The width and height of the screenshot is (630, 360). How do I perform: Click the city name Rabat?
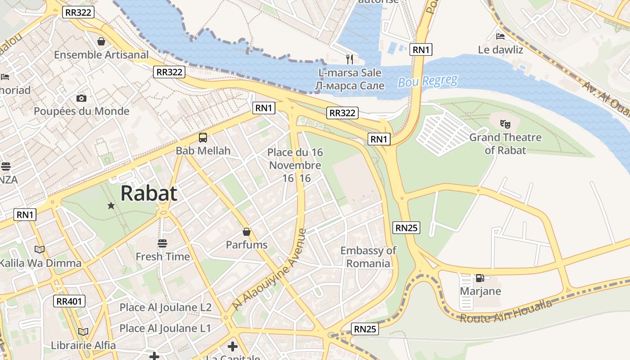point(148,193)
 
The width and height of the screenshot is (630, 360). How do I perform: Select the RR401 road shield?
point(69,301)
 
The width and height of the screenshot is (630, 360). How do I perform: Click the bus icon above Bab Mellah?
point(203,138)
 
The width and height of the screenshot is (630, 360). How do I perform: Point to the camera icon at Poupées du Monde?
point(81,98)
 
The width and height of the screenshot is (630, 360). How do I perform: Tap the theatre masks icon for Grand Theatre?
point(505,123)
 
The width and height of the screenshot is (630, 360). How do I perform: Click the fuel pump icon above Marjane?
point(480,278)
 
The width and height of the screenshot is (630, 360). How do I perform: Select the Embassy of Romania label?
point(368,257)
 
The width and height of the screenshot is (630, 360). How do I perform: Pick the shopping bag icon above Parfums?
point(247,232)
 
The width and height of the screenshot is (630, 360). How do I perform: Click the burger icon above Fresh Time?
point(162,243)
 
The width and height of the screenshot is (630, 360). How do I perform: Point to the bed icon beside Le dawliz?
point(500,36)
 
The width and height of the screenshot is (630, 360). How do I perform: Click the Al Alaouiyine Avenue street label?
point(270,270)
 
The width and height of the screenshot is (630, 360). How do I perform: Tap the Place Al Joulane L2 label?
point(165,308)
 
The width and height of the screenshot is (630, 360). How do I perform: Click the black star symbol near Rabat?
point(111,206)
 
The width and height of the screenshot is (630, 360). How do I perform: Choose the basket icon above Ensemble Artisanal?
point(101,41)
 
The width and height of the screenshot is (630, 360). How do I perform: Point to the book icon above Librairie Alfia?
point(83,332)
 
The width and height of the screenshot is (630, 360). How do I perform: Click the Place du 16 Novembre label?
point(295,165)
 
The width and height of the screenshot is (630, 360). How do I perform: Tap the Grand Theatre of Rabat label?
point(505,144)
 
